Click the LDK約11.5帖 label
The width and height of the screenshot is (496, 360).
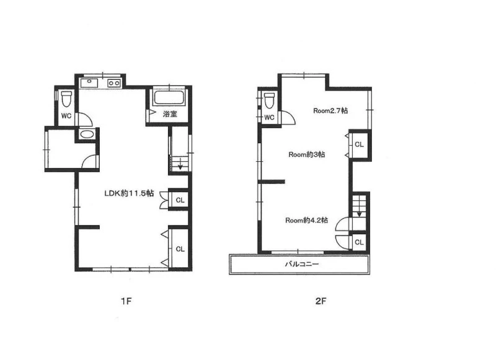coord(129,193)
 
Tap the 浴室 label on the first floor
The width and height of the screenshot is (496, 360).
coord(170,114)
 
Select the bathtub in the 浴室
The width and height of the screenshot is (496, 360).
coord(169,99)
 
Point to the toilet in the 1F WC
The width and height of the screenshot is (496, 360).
coord(66,99)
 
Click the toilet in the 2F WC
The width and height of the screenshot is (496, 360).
coord(270,100)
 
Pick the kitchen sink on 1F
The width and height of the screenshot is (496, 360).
coord(89,83)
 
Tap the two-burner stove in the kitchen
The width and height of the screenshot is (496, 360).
coord(114,83)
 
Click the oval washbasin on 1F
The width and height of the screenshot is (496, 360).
coord(86,134)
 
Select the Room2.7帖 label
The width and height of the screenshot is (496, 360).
coord(330,111)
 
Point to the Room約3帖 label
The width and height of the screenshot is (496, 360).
coord(306,154)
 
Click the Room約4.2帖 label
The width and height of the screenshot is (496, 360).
coord(306,221)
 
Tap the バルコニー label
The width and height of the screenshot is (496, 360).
coord(302,264)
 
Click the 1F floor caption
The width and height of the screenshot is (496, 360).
coord(126,301)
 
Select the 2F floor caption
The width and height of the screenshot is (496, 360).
coord(321,301)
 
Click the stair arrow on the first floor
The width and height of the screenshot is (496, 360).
coord(180,164)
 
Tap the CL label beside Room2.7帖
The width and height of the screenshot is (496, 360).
coord(359,144)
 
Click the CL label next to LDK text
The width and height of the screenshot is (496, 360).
coord(180,200)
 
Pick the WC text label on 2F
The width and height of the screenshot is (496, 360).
coord(269,118)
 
